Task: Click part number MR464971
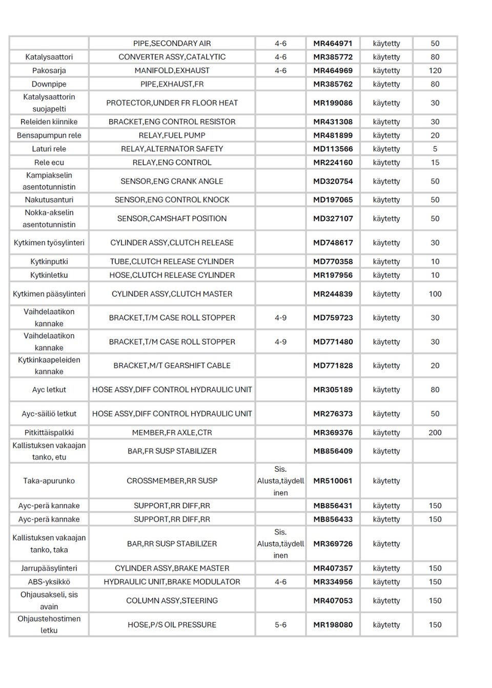point(333,44)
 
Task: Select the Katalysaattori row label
point(49,57)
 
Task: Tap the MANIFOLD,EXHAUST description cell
point(172,71)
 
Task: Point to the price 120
point(435,71)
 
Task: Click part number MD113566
point(333,149)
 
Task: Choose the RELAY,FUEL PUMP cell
point(172,135)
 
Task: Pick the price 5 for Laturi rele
point(435,149)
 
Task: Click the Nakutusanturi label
point(49,200)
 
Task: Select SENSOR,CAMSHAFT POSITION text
point(172,219)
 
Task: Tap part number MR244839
point(333,294)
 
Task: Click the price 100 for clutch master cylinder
point(435,294)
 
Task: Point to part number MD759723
point(333,318)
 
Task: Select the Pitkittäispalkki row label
point(49,432)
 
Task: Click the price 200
point(435,432)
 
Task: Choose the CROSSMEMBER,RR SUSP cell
point(172,481)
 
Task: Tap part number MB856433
point(333,519)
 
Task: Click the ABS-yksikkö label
point(49,582)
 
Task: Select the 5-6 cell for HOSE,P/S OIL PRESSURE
point(280,625)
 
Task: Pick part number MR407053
point(333,600)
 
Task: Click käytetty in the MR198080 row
point(386,625)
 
